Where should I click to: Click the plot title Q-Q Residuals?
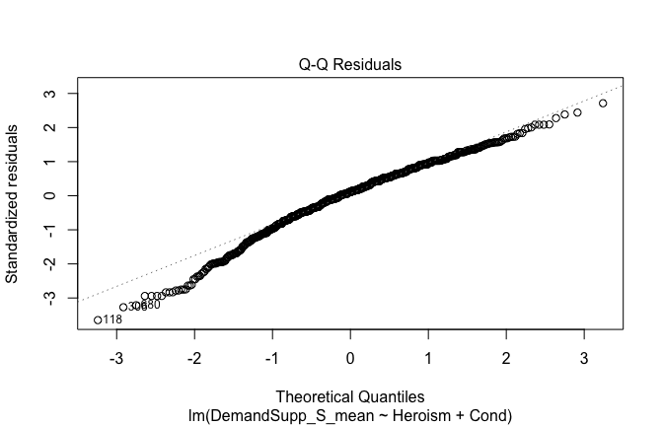[350, 65]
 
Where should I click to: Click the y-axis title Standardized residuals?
[14, 203]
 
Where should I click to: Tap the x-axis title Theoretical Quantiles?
[350, 393]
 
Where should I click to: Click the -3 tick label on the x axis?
[115, 355]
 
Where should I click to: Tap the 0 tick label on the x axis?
[350, 355]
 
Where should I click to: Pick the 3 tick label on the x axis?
[583, 355]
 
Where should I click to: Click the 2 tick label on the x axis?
[505, 355]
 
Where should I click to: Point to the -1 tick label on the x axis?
[271, 355]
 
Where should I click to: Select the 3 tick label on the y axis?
[46, 94]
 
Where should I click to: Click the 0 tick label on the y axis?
[46, 195]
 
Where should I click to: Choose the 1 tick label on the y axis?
[46, 162]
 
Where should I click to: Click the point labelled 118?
[98, 319]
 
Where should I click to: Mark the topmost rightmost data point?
[603, 104]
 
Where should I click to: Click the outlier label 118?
[112, 319]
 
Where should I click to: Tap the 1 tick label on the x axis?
[427, 355]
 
